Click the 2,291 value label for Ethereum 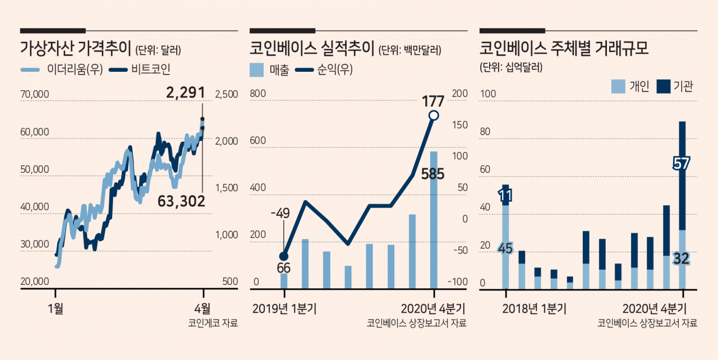[186, 93]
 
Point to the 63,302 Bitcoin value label [181, 201]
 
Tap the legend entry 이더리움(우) [62, 70]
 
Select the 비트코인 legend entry [140, 70]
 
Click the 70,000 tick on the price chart [35, 94]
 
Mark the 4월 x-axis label [202, 309]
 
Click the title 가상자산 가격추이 [76, 49]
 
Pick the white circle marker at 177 [434, 116]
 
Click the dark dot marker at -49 [284, 256]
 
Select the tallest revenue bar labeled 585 [434, 220]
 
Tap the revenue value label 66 [284, 268]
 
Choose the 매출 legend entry [270, 70]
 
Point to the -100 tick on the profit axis [458, 282]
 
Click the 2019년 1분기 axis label [284, 309]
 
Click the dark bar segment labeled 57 [683, 176]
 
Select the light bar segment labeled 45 [505, 247]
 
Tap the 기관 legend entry [675, 86]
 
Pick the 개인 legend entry [630, 86]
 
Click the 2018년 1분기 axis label [535, 309]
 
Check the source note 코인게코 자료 [213, 323]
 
